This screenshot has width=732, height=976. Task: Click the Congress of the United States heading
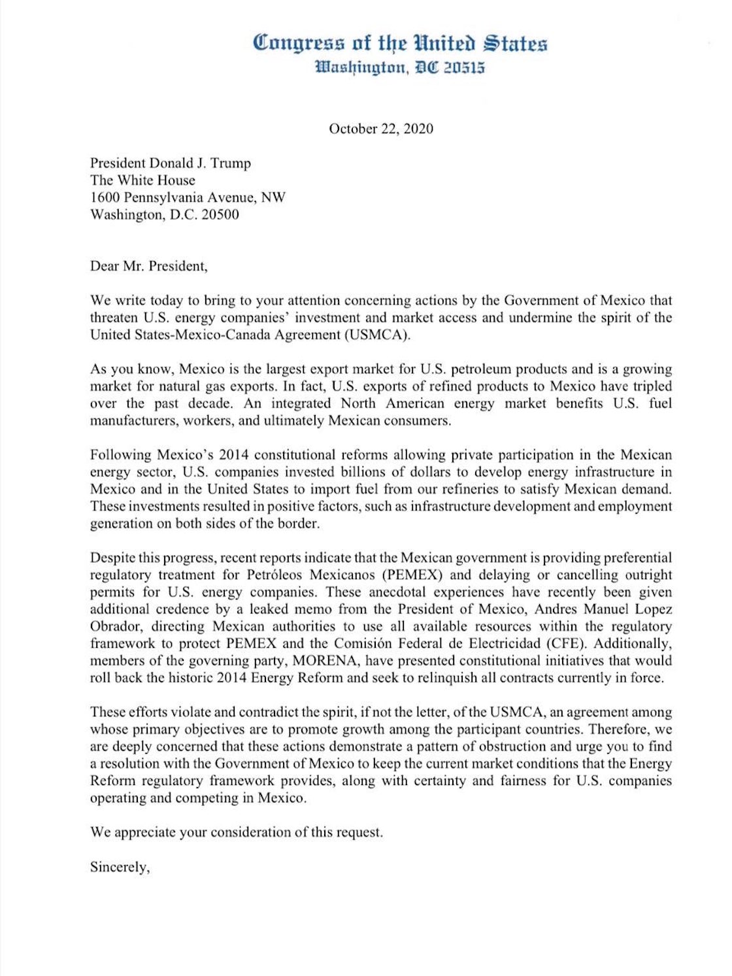[x=400, y=43]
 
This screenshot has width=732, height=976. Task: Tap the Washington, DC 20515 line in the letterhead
[x=400, y=67]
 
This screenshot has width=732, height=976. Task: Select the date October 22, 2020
[x=381, y=129]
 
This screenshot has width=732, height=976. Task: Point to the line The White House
[x=142, y=180]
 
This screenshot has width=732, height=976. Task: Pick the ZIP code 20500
[x=220, y=214]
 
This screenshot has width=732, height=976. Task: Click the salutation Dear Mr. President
[x=148, y=266]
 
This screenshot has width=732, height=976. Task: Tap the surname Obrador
[x=115, y=626]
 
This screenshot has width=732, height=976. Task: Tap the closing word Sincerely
[x=120, y=867]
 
